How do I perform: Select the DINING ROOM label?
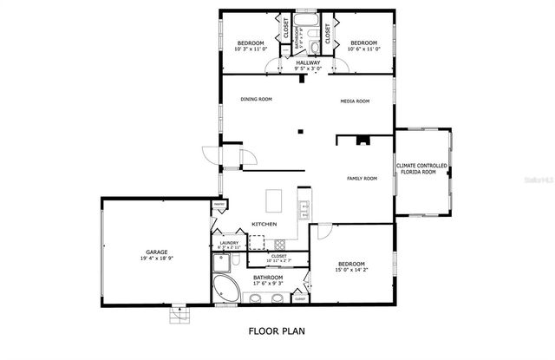pyautogui.click(x=256, y=99)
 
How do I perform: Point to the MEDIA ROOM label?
pyautogui.click(x=355, y=101)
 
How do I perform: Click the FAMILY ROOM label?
pyautogui.click(x=362, y=179)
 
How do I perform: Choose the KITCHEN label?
pyautogui.click(x=264, y=225)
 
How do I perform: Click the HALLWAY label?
pyautogui.click(x=308, y=62)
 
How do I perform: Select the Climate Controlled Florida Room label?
pyautogui.click(x=422, y=168)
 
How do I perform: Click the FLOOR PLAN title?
pyautogui.click(x=277, y=331)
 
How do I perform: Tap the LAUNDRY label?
pyautogui.click(x=229, y=243)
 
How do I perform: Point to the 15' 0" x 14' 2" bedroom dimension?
pyautogui.click(x=351, y=270)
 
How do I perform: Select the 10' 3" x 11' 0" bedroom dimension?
pyautogui.click(x=251, y=49)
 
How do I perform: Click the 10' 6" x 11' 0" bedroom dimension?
pyautogui.click(x=363, y=49)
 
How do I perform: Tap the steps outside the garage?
pyautogui.click(x=180, y=313)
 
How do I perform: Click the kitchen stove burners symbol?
pyautogui.click(x=304, y=207)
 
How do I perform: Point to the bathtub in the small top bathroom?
pyautogui.click(x=308, y=18)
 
